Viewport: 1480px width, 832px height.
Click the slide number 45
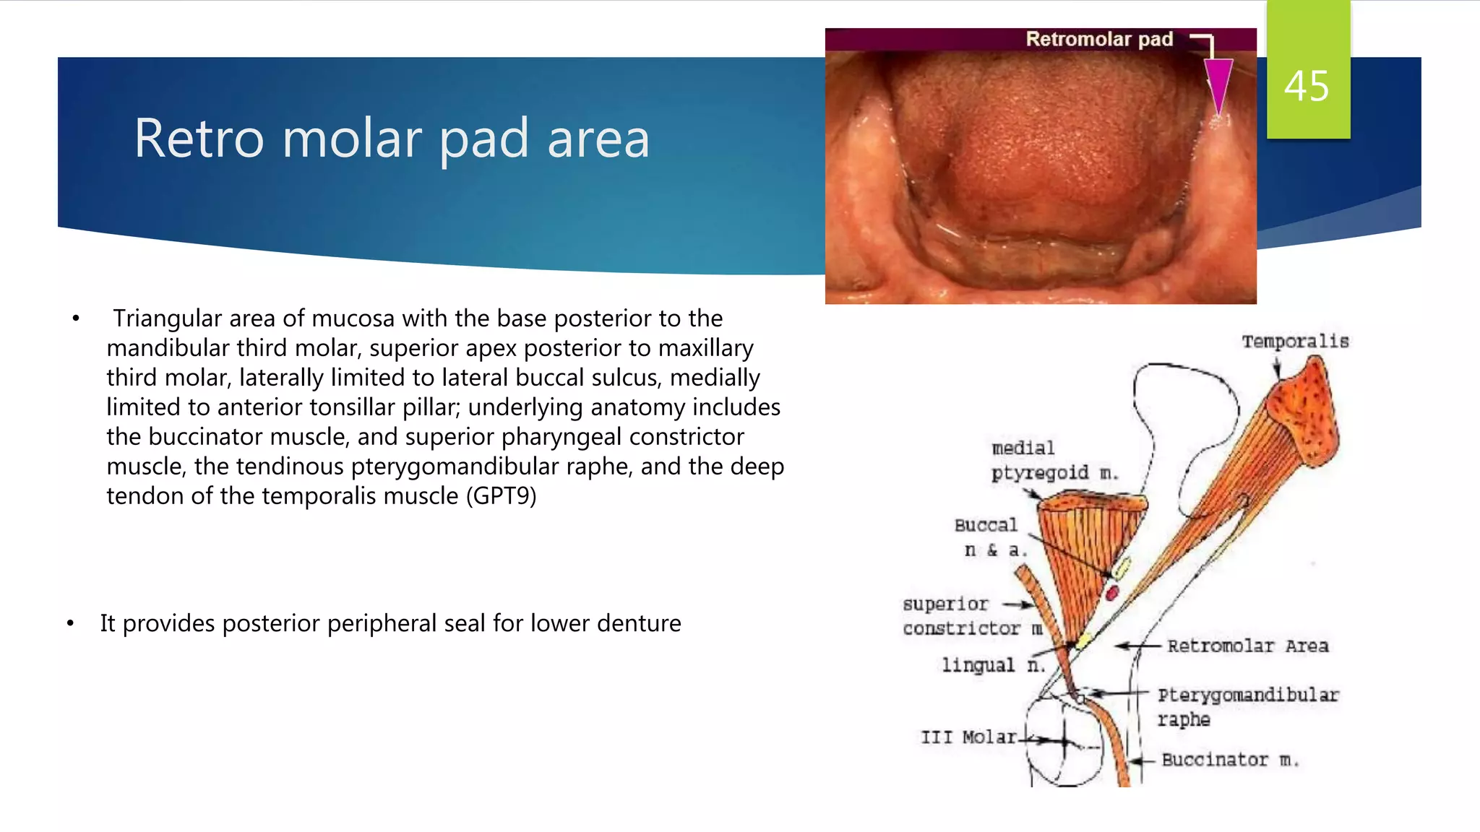(1306, 87)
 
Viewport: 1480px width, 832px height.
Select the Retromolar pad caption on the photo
(1098, 39)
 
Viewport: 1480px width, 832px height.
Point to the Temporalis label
(1295, 342)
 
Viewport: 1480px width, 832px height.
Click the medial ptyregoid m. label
(1054, 461)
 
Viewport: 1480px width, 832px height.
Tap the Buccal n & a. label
(988, 537)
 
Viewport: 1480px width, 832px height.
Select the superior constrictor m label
(971, 616)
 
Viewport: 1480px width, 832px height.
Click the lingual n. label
(993, 665)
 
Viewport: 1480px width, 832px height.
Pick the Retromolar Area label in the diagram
(1247, 646)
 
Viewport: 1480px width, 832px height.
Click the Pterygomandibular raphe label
(1247, 706)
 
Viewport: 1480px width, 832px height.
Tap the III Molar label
(968, 737)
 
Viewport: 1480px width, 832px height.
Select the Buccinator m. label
(1229, 760)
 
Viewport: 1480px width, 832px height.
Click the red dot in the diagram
(1112, 594)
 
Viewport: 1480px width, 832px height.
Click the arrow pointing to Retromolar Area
(1137, 646)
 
